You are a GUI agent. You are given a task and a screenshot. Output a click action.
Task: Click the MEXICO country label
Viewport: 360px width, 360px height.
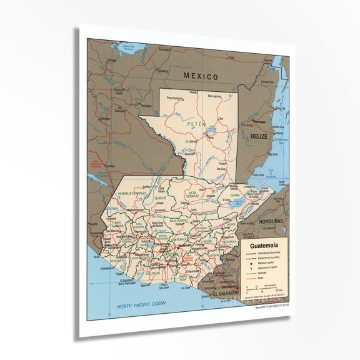pyautogui.click(x=201, y=76)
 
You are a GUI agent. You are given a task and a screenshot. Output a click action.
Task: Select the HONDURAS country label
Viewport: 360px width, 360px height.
pyautogui.click(x=270, y=222)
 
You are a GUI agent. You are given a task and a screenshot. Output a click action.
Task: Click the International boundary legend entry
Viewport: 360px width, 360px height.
pyautogui.click(x=271, y=253)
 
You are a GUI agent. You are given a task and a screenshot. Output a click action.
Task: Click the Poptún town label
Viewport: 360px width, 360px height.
pyautogui.click(x=221, y=157)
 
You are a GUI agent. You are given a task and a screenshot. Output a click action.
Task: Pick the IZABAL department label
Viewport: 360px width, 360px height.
pyautogui.click(x=236, y=194)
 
